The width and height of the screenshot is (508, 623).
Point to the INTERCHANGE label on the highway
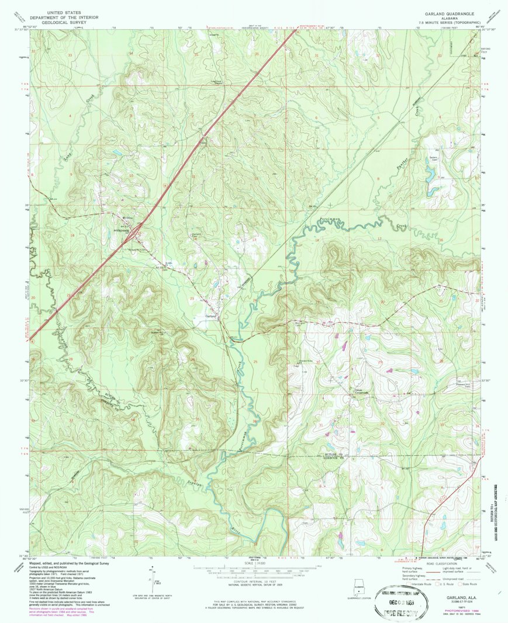click(122, 230)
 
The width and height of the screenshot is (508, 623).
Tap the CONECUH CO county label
click(334, 458)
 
